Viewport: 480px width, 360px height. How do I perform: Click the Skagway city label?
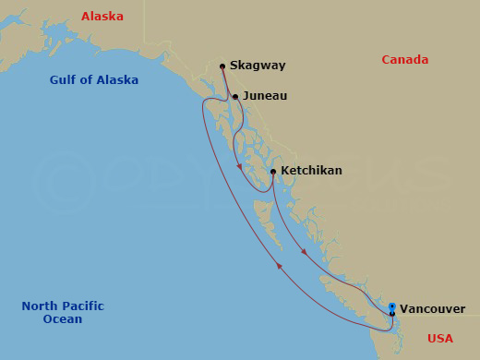[x=258, y=66]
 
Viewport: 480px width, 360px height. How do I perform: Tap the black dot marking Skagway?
[x=222, y=66]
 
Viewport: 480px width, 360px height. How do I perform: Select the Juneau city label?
[x=265, y=96]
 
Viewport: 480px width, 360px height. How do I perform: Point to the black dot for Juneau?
[x=235, y=96]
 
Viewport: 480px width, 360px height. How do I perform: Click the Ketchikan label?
[x=311, y=171]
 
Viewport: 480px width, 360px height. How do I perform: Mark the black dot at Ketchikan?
[x=273, y=171]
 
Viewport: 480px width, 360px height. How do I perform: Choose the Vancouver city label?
[x=434, y=309]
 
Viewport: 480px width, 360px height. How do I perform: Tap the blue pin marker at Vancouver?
[x=392, y=307]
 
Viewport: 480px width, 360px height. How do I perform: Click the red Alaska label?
[x=102, y=16]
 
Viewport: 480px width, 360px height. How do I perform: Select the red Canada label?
[x=405, y=60]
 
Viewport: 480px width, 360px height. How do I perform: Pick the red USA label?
[x=440, y=339]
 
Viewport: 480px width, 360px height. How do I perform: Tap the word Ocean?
[x=62, y=319]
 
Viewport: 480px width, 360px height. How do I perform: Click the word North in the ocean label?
[x=40, y=306]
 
